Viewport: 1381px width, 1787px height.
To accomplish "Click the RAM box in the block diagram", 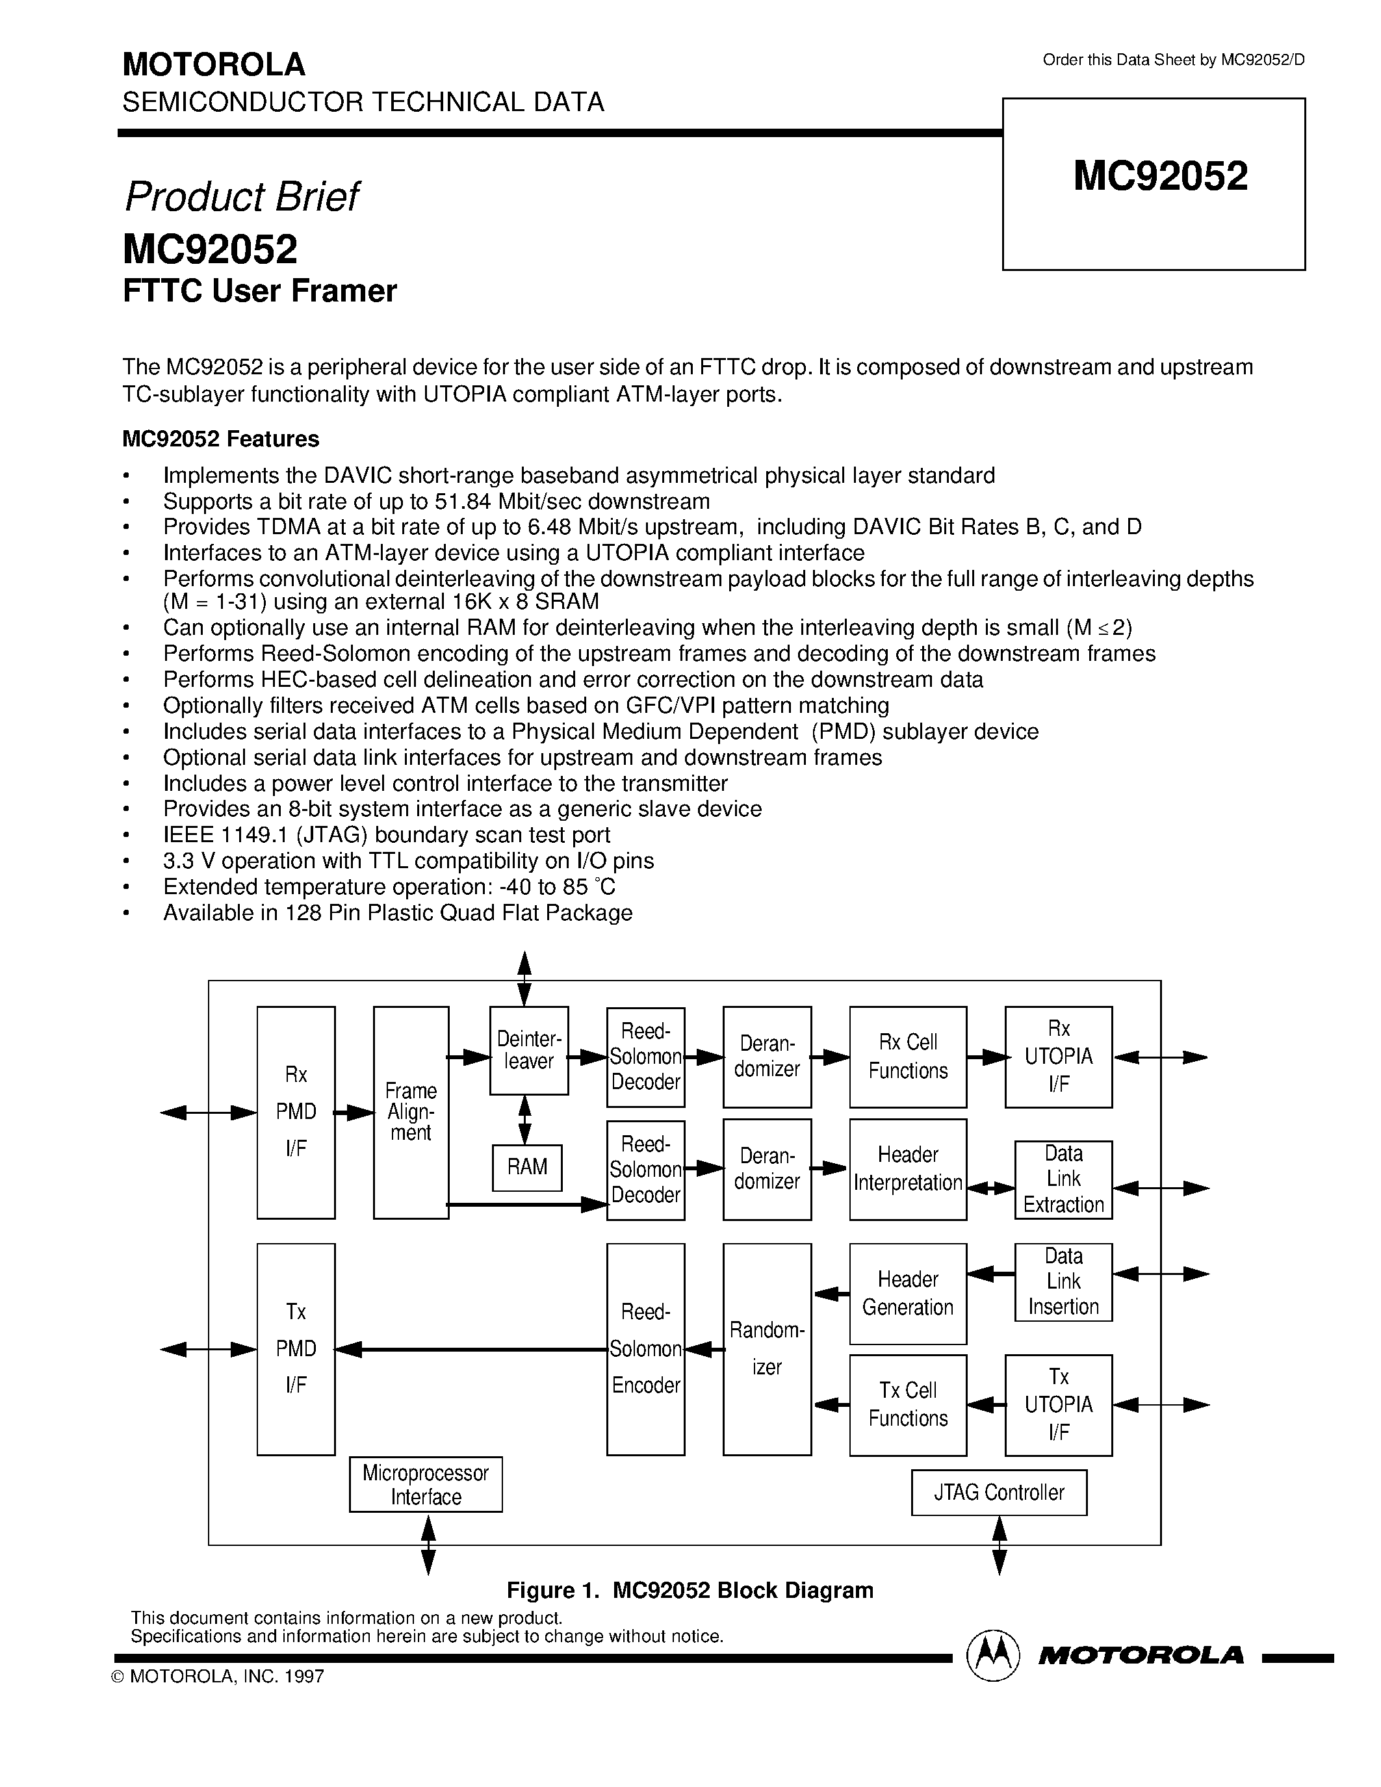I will click(x=527, y=1168).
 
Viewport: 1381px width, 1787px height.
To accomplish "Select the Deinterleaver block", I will click(x=528, y=1051).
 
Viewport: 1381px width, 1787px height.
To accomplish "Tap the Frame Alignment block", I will click(x=411, y=1112).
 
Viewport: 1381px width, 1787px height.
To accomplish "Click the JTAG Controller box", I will click(x=999, y=1493).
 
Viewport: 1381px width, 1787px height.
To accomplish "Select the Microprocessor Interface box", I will click(x=426, y=1484).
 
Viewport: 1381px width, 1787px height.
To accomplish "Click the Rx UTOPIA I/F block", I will click(x=1058, y=1057).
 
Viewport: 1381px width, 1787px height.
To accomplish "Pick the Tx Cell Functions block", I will click(x=907, y=1405).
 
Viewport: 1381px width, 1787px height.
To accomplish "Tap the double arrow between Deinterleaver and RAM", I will click(x=525, y=1120).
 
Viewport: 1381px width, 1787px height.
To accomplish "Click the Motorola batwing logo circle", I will click(x=992, y=1656).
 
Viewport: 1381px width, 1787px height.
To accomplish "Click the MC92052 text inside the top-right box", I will click(x=1160, y=177).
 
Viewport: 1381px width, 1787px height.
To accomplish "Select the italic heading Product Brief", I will click(x=241, y=197).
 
